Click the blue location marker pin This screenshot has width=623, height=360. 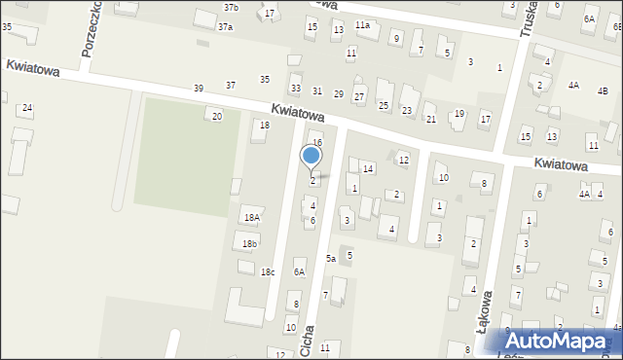coord(311,157)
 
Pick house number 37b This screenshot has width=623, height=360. coord(230,8)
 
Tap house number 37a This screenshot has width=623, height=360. coord(225,27)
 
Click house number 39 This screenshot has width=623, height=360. coord(199,89)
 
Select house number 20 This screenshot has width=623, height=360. coord(217,117)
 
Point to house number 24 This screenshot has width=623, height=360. coord(27,108)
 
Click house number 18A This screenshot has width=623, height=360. coord(252,218)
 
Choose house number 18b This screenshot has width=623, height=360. coord(250,243)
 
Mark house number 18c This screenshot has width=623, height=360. coord(267,272)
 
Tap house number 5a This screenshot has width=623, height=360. coord(331,259)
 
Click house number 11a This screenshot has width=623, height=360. coord(362,25)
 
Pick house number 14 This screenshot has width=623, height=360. coord(368,169)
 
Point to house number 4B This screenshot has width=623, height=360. coord(603,91)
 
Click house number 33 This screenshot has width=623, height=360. coord(296,89)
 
